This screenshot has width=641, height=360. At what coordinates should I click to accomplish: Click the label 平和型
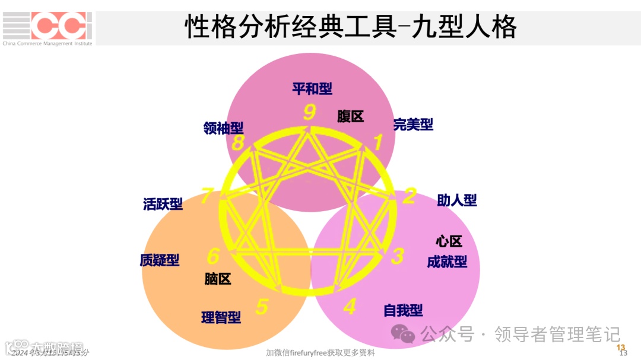point(312,89)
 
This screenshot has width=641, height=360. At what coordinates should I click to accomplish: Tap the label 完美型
point(413,125)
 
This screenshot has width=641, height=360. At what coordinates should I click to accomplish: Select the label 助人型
point(457,200)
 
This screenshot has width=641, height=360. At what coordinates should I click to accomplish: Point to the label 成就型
point(447,262)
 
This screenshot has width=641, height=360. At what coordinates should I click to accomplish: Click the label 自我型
point(403,310)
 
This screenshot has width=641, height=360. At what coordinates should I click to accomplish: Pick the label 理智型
point(221,317)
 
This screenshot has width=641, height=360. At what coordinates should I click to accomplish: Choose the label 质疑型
point(159,260)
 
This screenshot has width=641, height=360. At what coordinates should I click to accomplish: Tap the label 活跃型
point(163,205)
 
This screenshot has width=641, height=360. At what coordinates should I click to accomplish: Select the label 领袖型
point(223,128)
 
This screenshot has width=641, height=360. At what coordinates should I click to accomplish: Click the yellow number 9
point(309,112)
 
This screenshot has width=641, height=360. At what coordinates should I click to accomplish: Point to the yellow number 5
point(262,307)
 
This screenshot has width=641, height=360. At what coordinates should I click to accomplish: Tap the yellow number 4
point(350,307)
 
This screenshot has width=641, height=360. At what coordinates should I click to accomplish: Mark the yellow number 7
point(207,195)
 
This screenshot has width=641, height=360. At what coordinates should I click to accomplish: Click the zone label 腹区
point(350,116)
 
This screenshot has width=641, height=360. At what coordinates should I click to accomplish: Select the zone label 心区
point(449,241)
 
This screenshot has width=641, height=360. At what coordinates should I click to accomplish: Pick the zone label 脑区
point(218,279)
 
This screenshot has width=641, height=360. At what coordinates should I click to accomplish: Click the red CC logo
point(62,26)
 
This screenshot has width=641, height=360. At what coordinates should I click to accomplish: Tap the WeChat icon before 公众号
point(403,333)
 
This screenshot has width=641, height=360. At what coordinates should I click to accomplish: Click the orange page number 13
point(621,347)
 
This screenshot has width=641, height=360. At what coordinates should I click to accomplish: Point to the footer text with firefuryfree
point(320,353)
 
